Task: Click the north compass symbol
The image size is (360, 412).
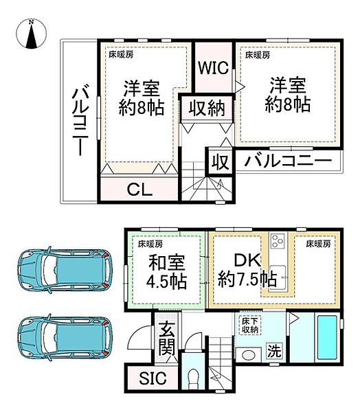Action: click(32, 35)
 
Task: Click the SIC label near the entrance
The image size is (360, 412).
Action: click(148, 378)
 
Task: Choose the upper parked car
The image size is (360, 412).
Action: click(65, 269)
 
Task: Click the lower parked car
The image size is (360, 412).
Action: click(65, 337)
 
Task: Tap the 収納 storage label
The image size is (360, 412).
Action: click(206, 108)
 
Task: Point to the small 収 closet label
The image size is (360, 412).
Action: click(219, 162)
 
